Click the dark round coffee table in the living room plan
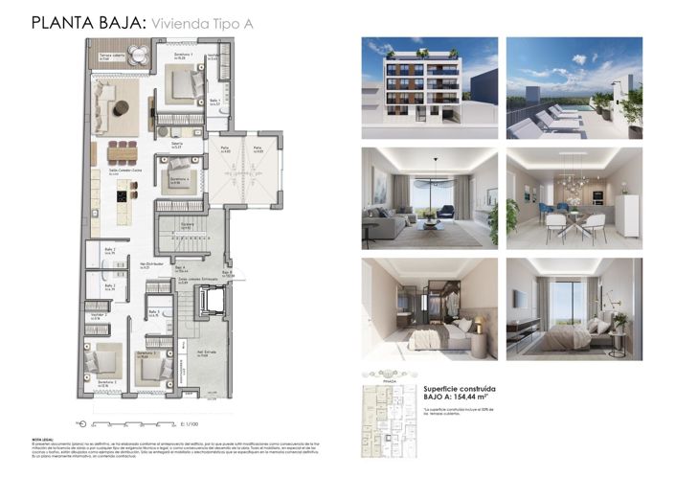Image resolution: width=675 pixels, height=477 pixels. pos(120,107)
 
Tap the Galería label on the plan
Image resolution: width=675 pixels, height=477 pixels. pos(176,145)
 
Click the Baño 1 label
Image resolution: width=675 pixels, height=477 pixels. pos(215,102)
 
